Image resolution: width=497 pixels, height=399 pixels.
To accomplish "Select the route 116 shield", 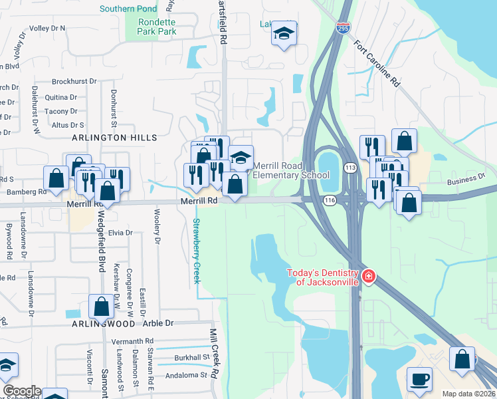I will tap(328, 199).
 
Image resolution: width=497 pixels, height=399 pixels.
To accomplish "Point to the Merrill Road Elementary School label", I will tap(290, 170).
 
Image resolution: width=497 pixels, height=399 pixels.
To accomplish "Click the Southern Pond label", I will tap(128, 9).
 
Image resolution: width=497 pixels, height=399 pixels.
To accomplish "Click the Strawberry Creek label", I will tap(197, 251).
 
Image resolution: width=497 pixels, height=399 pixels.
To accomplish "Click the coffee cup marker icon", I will tap(419, 379).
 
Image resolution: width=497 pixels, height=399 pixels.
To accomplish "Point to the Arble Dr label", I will tap(158, 323).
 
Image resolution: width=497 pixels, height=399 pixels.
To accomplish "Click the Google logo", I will tap(21, 391).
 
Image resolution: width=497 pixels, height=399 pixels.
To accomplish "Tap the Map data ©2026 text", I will tap(468, 394).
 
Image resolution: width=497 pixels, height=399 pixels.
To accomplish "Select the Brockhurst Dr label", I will tap(74, 81).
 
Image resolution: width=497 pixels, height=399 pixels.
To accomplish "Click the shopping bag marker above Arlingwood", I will tap(102, 307).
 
